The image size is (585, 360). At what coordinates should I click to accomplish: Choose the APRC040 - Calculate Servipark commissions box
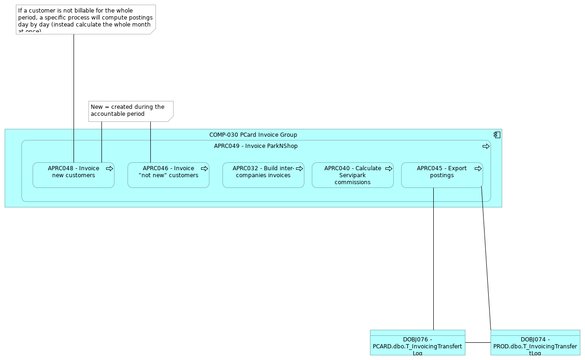(x=352, y=175)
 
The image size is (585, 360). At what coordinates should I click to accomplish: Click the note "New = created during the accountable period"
(x=130, y=111)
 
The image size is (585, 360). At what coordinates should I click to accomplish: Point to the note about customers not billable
(x=85, y=19)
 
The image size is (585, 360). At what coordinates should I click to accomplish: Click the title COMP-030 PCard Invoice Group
(x=253, y=135)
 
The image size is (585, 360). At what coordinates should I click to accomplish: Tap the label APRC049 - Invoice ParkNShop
(x=256, y=146)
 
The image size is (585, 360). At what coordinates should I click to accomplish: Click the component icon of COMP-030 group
(x=497, y=135)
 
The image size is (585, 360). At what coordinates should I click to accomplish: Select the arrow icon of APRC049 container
(x=486, y=147)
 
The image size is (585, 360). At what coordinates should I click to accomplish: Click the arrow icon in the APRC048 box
(x=109, y=169)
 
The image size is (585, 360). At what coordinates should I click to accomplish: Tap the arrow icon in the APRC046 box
(x=204, y=169)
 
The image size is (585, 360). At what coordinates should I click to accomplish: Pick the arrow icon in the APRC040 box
(x=389, y=169)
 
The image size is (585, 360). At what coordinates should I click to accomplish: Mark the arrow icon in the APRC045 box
(x=478, y=169)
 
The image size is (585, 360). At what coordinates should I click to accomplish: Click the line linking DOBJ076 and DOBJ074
(x=477, y=342)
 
